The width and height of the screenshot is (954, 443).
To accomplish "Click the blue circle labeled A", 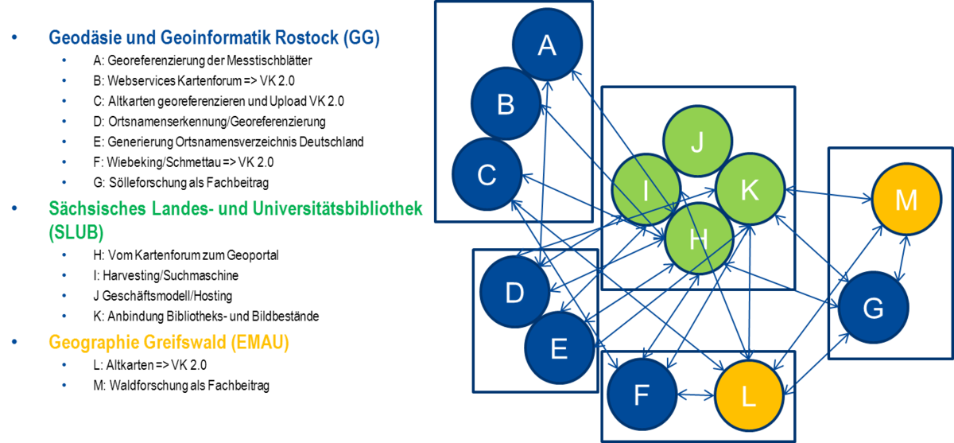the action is (x=547, y=45).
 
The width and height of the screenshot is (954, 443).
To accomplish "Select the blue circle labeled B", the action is (x=506, y=103).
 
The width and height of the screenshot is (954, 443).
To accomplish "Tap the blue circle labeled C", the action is (x=487, y=174).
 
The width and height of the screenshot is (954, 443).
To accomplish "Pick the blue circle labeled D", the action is (x=514, y=292).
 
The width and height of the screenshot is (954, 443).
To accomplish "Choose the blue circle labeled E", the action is (x=559, y=348).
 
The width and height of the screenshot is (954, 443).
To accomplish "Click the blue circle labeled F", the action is (x=642, y=394).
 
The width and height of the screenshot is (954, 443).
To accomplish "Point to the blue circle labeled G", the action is (x=873, y=308).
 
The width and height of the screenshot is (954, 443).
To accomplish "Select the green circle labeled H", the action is (x=699, y=239).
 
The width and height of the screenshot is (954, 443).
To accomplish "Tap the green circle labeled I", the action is (x=646, y=189).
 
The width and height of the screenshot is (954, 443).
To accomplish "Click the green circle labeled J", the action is (x=698, y=141).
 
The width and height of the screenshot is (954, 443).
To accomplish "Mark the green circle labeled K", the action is (x=750, y=189).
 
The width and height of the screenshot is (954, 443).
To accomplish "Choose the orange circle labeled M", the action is (x=906, y=199).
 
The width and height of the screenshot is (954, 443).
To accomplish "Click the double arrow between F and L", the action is (x=696, y=395).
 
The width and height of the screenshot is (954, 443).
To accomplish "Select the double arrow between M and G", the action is (x=903, y=258).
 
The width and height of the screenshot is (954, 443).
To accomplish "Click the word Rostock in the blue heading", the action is (x=307, y=37).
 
